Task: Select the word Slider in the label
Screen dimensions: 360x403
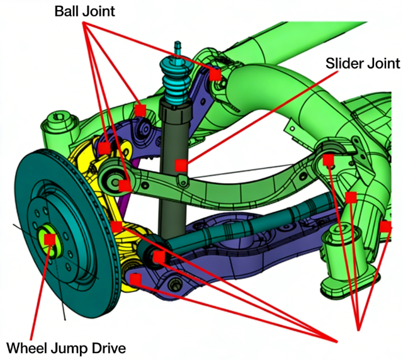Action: click(344, 63)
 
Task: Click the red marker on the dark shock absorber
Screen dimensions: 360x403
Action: click(181, 165)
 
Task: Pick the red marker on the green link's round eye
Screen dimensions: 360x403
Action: click(125, 186)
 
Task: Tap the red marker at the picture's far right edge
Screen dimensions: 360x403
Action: click(385, 226)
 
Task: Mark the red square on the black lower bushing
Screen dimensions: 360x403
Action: click(158, 257)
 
